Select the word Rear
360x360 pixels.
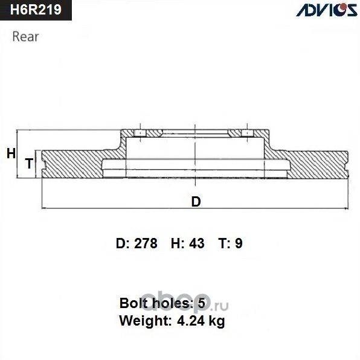point(25,36)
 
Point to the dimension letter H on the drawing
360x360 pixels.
point(10,153)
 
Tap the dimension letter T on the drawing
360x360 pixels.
point(28,163)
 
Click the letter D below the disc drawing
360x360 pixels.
point(196,202)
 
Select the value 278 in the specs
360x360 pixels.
point(145,243)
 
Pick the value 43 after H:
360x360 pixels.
point(196,243)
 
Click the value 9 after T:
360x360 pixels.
point(239,243)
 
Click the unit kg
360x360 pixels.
point(217,321)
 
